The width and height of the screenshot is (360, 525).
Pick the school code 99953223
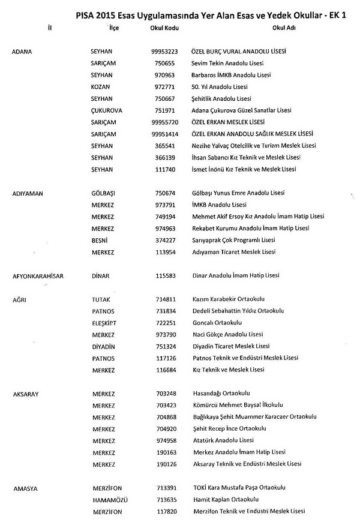tap(164, 52)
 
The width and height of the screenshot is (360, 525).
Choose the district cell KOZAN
tap(100, 86)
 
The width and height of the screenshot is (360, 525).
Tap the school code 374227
tap(164, 241)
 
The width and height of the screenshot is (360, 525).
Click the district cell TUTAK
tap(101, 299)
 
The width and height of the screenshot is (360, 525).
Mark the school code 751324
tap(164, 346)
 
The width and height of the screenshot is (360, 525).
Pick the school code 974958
tap(164, 440)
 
